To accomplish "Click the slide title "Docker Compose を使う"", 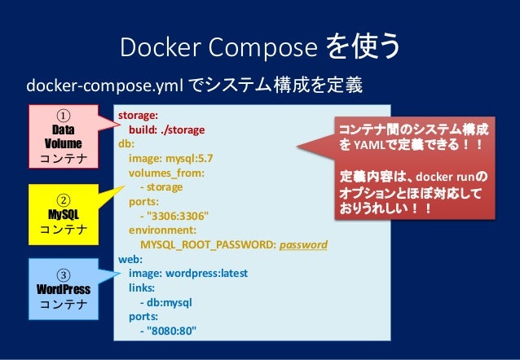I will pyautogui.click(x=260, y=48).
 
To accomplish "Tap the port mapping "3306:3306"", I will pyautogui.click(x=178, y=216).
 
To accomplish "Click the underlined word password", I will pyautogui.click(x=303, y=244).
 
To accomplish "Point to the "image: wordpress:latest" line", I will pyautogui.click(x=188, y=273).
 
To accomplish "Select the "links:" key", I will pyautogui.click(x=143, y=287).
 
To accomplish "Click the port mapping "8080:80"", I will pyautogui.click(x=171, y=330).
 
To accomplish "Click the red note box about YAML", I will pyautogui.click(x=416, y=172).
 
